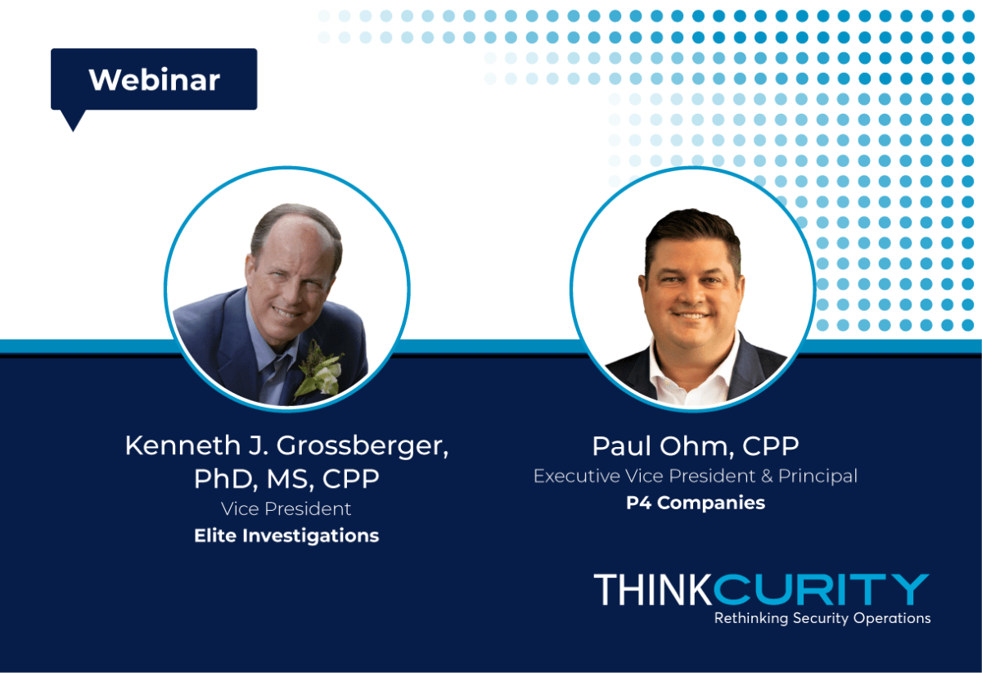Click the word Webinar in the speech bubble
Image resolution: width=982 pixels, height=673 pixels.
click(x=155, y=80)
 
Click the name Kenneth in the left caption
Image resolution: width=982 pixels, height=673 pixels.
click(x=182, y=445)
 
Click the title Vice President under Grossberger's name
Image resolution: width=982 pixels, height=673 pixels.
click(x=286, y=509)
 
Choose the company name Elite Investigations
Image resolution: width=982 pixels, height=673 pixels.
click(x=286, y=536)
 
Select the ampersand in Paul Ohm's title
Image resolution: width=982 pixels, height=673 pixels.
click(x=767, y=477)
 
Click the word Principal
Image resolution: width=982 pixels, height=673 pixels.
click(x=818, y=477)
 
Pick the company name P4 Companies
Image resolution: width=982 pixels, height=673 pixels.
click(x=696, y=504)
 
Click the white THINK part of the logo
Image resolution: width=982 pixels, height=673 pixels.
click(x=653, y=589)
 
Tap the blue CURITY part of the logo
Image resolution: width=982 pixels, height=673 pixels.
click(x=822, y=589)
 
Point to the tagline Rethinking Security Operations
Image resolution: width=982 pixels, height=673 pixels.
click(x=822, y=618)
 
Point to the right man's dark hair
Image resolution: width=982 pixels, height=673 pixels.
click(x=692, y=233)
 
